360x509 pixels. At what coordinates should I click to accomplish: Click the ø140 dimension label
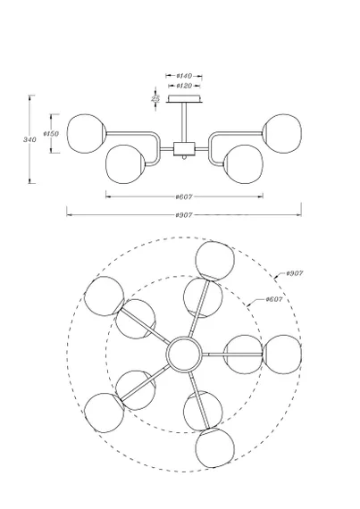pos(184,76)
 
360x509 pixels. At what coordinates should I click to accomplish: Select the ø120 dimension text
pos(184,86)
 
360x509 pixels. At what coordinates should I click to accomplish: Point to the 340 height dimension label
pos(29,139)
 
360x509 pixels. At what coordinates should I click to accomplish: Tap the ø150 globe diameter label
pos(51,133)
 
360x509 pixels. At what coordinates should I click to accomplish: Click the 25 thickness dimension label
pos(155,98)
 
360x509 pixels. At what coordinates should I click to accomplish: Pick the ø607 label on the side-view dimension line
pos(184,196)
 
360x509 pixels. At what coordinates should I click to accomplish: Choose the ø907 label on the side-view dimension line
pos(184,215)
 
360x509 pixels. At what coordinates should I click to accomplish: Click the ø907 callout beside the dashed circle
pos(295,273)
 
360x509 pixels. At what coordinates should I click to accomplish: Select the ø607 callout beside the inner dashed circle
pos(273,299)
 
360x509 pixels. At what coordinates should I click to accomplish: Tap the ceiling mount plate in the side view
pos(184,98)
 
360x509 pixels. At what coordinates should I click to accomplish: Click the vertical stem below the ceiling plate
pos(184,122)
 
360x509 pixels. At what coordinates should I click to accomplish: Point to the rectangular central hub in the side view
pos(184,149)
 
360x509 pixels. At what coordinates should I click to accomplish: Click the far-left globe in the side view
pos(86,133)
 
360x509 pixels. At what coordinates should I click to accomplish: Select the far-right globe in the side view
pos(282,133)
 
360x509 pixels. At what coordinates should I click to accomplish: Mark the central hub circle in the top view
pos(184,355)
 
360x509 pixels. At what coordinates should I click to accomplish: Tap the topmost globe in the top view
pos(215,261)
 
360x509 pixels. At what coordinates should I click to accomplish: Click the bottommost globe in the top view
pos(215,448)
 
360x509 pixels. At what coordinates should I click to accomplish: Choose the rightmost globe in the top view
pos(282,355)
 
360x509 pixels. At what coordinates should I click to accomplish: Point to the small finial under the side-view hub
pos(184,158)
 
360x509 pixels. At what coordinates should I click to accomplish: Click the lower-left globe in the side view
pos(125,164)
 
